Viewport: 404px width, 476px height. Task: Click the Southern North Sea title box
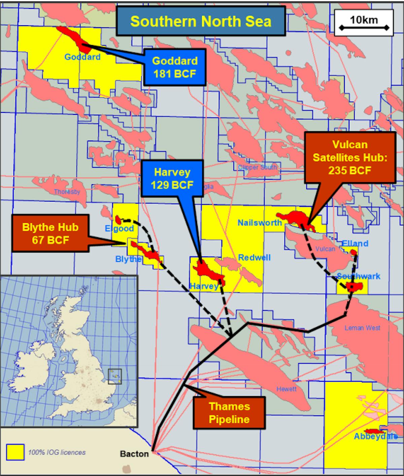[201, 21]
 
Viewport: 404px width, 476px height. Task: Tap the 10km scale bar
[364, 23]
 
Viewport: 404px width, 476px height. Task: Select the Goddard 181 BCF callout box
[174, 67]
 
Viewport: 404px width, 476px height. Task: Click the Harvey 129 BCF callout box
[172, 178]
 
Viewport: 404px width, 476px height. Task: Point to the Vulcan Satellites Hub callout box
[349, 158]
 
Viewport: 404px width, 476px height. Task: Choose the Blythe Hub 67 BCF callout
[50, 233]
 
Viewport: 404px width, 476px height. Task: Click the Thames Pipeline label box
[229, 413]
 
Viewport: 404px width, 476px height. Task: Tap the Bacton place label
[134, 454]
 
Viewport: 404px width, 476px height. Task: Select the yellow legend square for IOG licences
[15, 452]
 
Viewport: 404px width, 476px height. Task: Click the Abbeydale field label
[375, 437]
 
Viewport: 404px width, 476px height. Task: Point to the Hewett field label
[287, 389]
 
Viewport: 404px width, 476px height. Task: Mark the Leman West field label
[362, 328]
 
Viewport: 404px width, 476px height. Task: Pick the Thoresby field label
[67, 192]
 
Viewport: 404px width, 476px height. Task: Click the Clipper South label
[257, 167]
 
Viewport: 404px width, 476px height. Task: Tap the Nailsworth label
[260, 223]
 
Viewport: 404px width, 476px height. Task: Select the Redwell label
[254, 258]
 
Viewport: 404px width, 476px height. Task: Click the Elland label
[355, 243]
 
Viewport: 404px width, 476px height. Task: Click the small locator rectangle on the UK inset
[114, 376]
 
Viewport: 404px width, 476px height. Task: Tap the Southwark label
[359, 276]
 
